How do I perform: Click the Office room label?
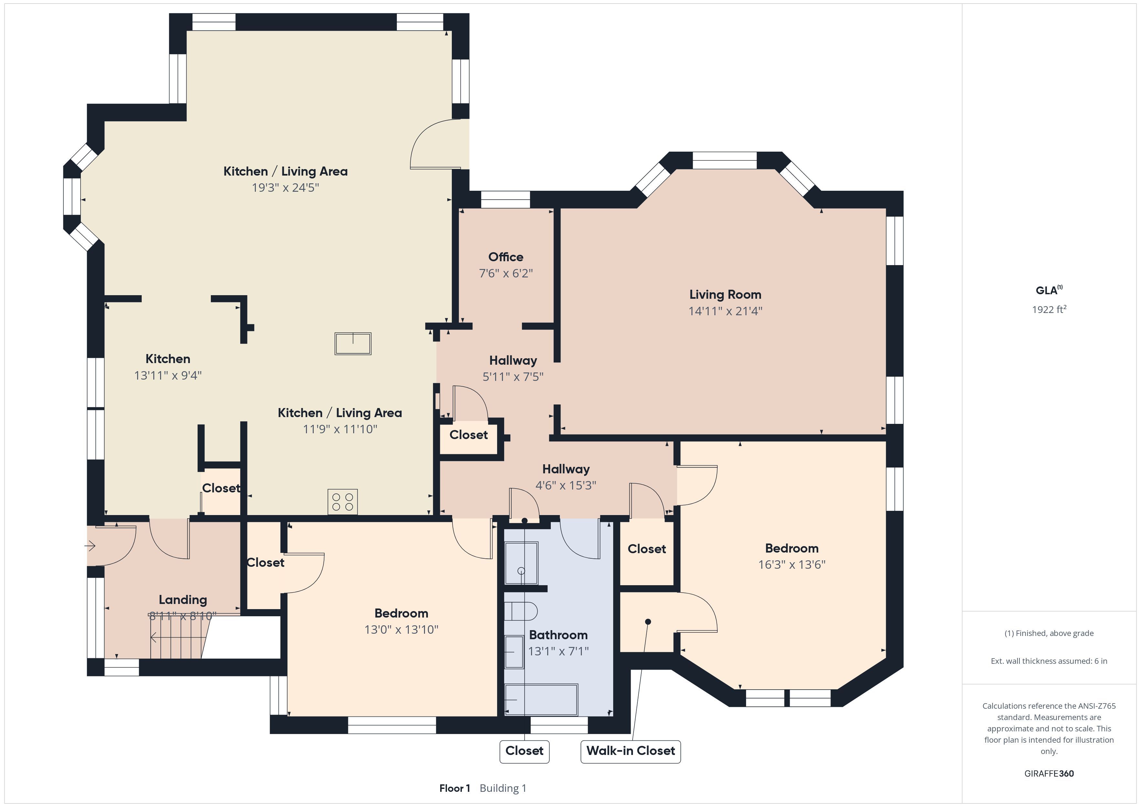point(505,257)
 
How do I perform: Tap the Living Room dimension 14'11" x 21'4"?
point(725,311)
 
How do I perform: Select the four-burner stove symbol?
point(342,501)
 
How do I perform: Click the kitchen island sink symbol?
point(353,343)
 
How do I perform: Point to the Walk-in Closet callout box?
point(631,751)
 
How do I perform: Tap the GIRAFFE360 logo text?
point(1049,773)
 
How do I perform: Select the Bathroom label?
point(558,635)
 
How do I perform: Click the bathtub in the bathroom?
point(541,700)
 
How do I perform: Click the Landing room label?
point(183,600)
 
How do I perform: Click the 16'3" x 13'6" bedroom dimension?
point(792,565)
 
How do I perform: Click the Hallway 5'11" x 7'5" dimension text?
point(513,377)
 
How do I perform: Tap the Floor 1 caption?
point(455,788)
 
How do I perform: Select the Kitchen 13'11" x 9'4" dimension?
point(168,375)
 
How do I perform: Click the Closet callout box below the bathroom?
point(524,751)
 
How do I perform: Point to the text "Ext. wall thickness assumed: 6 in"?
point(1049,661)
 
